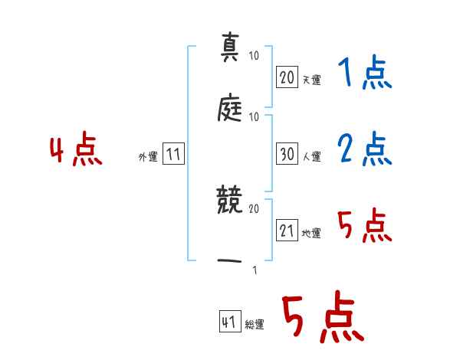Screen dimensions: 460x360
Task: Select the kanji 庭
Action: coord(231,110)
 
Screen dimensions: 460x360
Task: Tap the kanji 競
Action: coord(231,203)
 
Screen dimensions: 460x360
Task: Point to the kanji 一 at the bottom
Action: coord(231,260)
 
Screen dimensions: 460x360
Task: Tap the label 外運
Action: coord(148,156)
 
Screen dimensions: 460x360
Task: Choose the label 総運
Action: coord(255,324)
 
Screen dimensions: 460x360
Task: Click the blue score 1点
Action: coord(364,74)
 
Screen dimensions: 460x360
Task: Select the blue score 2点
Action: coord(364,149)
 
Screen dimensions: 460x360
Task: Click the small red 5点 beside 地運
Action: coord(364,227)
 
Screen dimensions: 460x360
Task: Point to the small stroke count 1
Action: coord(254,270)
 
